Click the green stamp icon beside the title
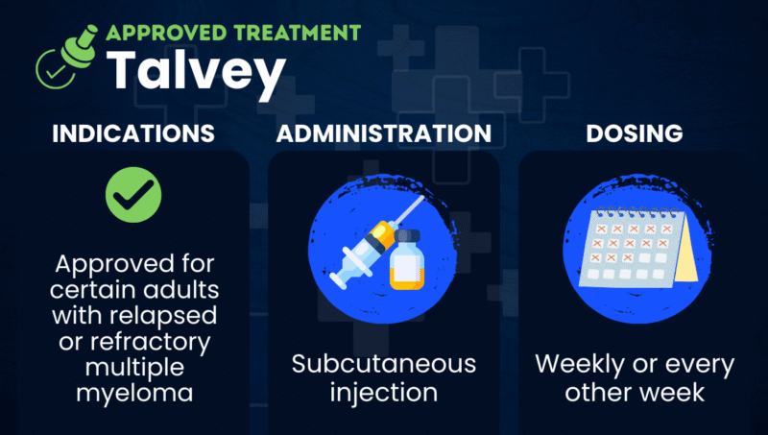point(66,55)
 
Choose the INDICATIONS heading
point(132,133)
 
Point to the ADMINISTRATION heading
point(384,133)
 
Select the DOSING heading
point(635,133)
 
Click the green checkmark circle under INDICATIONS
point(132,195)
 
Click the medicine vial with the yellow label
point(407,258)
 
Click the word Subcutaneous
point(384,365)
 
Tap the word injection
point(384,392)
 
